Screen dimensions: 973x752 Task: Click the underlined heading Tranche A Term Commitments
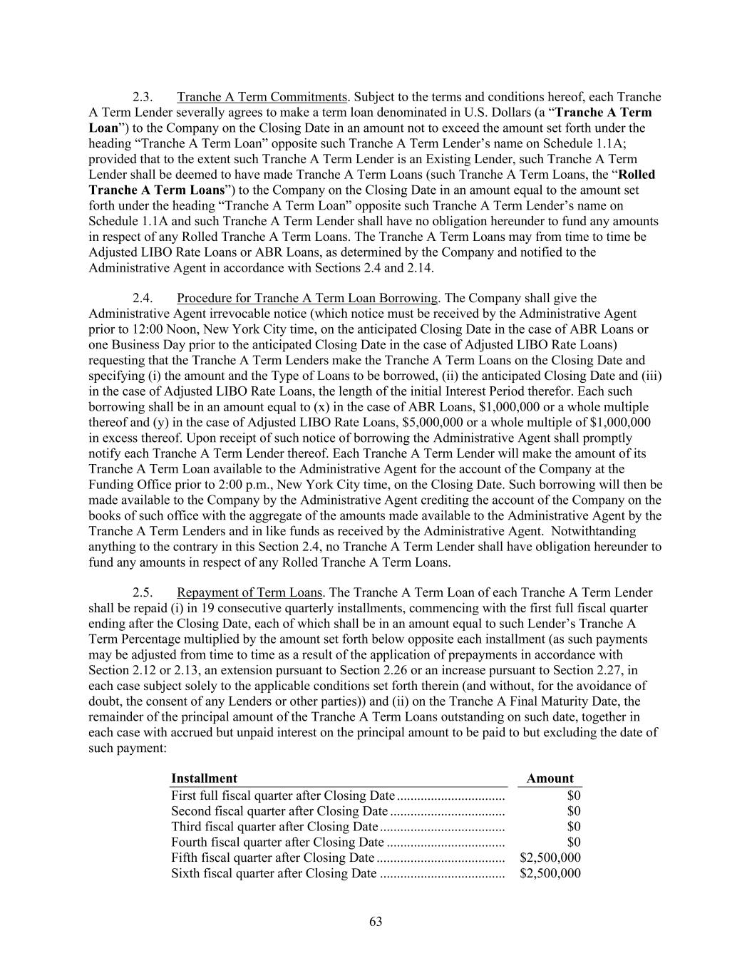click(x=262, y=97)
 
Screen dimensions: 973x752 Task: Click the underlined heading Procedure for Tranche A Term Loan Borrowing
click(x=307, y=298)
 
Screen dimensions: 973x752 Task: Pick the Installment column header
click(x=204, y=778)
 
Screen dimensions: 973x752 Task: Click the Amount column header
click(x=550, y=778)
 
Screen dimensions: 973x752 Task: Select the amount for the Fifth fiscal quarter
click(x=550, y=858)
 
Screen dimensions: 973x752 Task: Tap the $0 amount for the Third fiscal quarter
click(x=574, y=827)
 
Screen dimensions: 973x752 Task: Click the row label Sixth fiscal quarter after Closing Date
click(x=274, y=874)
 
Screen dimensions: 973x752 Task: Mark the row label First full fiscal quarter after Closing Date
click(x=282, y=796)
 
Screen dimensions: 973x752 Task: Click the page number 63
click(x=376, y=922)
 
